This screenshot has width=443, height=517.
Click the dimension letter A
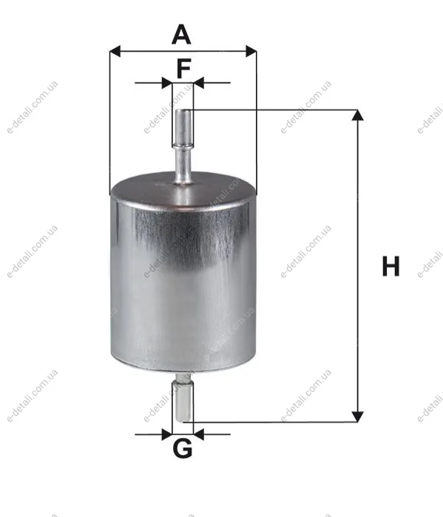181,34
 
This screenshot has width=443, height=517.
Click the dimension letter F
184,68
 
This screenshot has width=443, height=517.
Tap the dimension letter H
390,266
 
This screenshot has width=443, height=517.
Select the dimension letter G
183,448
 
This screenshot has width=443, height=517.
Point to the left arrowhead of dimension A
115,52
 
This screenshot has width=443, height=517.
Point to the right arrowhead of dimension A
251,52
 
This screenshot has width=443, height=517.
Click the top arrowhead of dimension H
358,115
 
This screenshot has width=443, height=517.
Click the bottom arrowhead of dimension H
358,416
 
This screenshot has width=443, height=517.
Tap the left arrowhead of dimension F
167,83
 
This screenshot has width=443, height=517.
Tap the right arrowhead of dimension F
199,83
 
